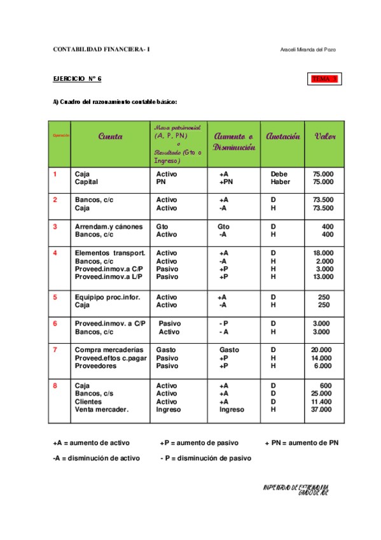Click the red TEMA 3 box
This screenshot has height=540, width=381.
pos(325,79)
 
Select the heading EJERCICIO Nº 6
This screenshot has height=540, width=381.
pos(77,79)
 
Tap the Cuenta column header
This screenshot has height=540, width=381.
pos(110,136)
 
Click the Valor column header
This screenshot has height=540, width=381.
pos(325,136)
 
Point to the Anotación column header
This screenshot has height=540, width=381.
pos(283,136)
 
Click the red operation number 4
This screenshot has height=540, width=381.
pos(55,253)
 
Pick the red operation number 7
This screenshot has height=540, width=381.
pos(55,350)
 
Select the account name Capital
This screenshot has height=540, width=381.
pos(87,182)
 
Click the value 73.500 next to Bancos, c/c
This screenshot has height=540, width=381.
pos(323,200)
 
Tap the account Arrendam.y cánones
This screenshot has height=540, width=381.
pos(107,227)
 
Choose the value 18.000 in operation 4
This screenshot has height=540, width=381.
pos(323,253)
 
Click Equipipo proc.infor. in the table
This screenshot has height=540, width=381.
pos(107,297)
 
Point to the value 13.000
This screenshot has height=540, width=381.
pos(323,277)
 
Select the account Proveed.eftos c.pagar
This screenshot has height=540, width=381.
pos(109,358)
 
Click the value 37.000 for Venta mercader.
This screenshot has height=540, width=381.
pos(322,410)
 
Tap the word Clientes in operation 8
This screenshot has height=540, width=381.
pos(88,402)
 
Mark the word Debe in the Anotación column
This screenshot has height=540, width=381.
pos(279,174)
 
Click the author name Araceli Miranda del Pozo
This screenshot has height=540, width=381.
pos(312,50)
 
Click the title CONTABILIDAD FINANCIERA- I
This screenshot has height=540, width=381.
pos(102,50)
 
